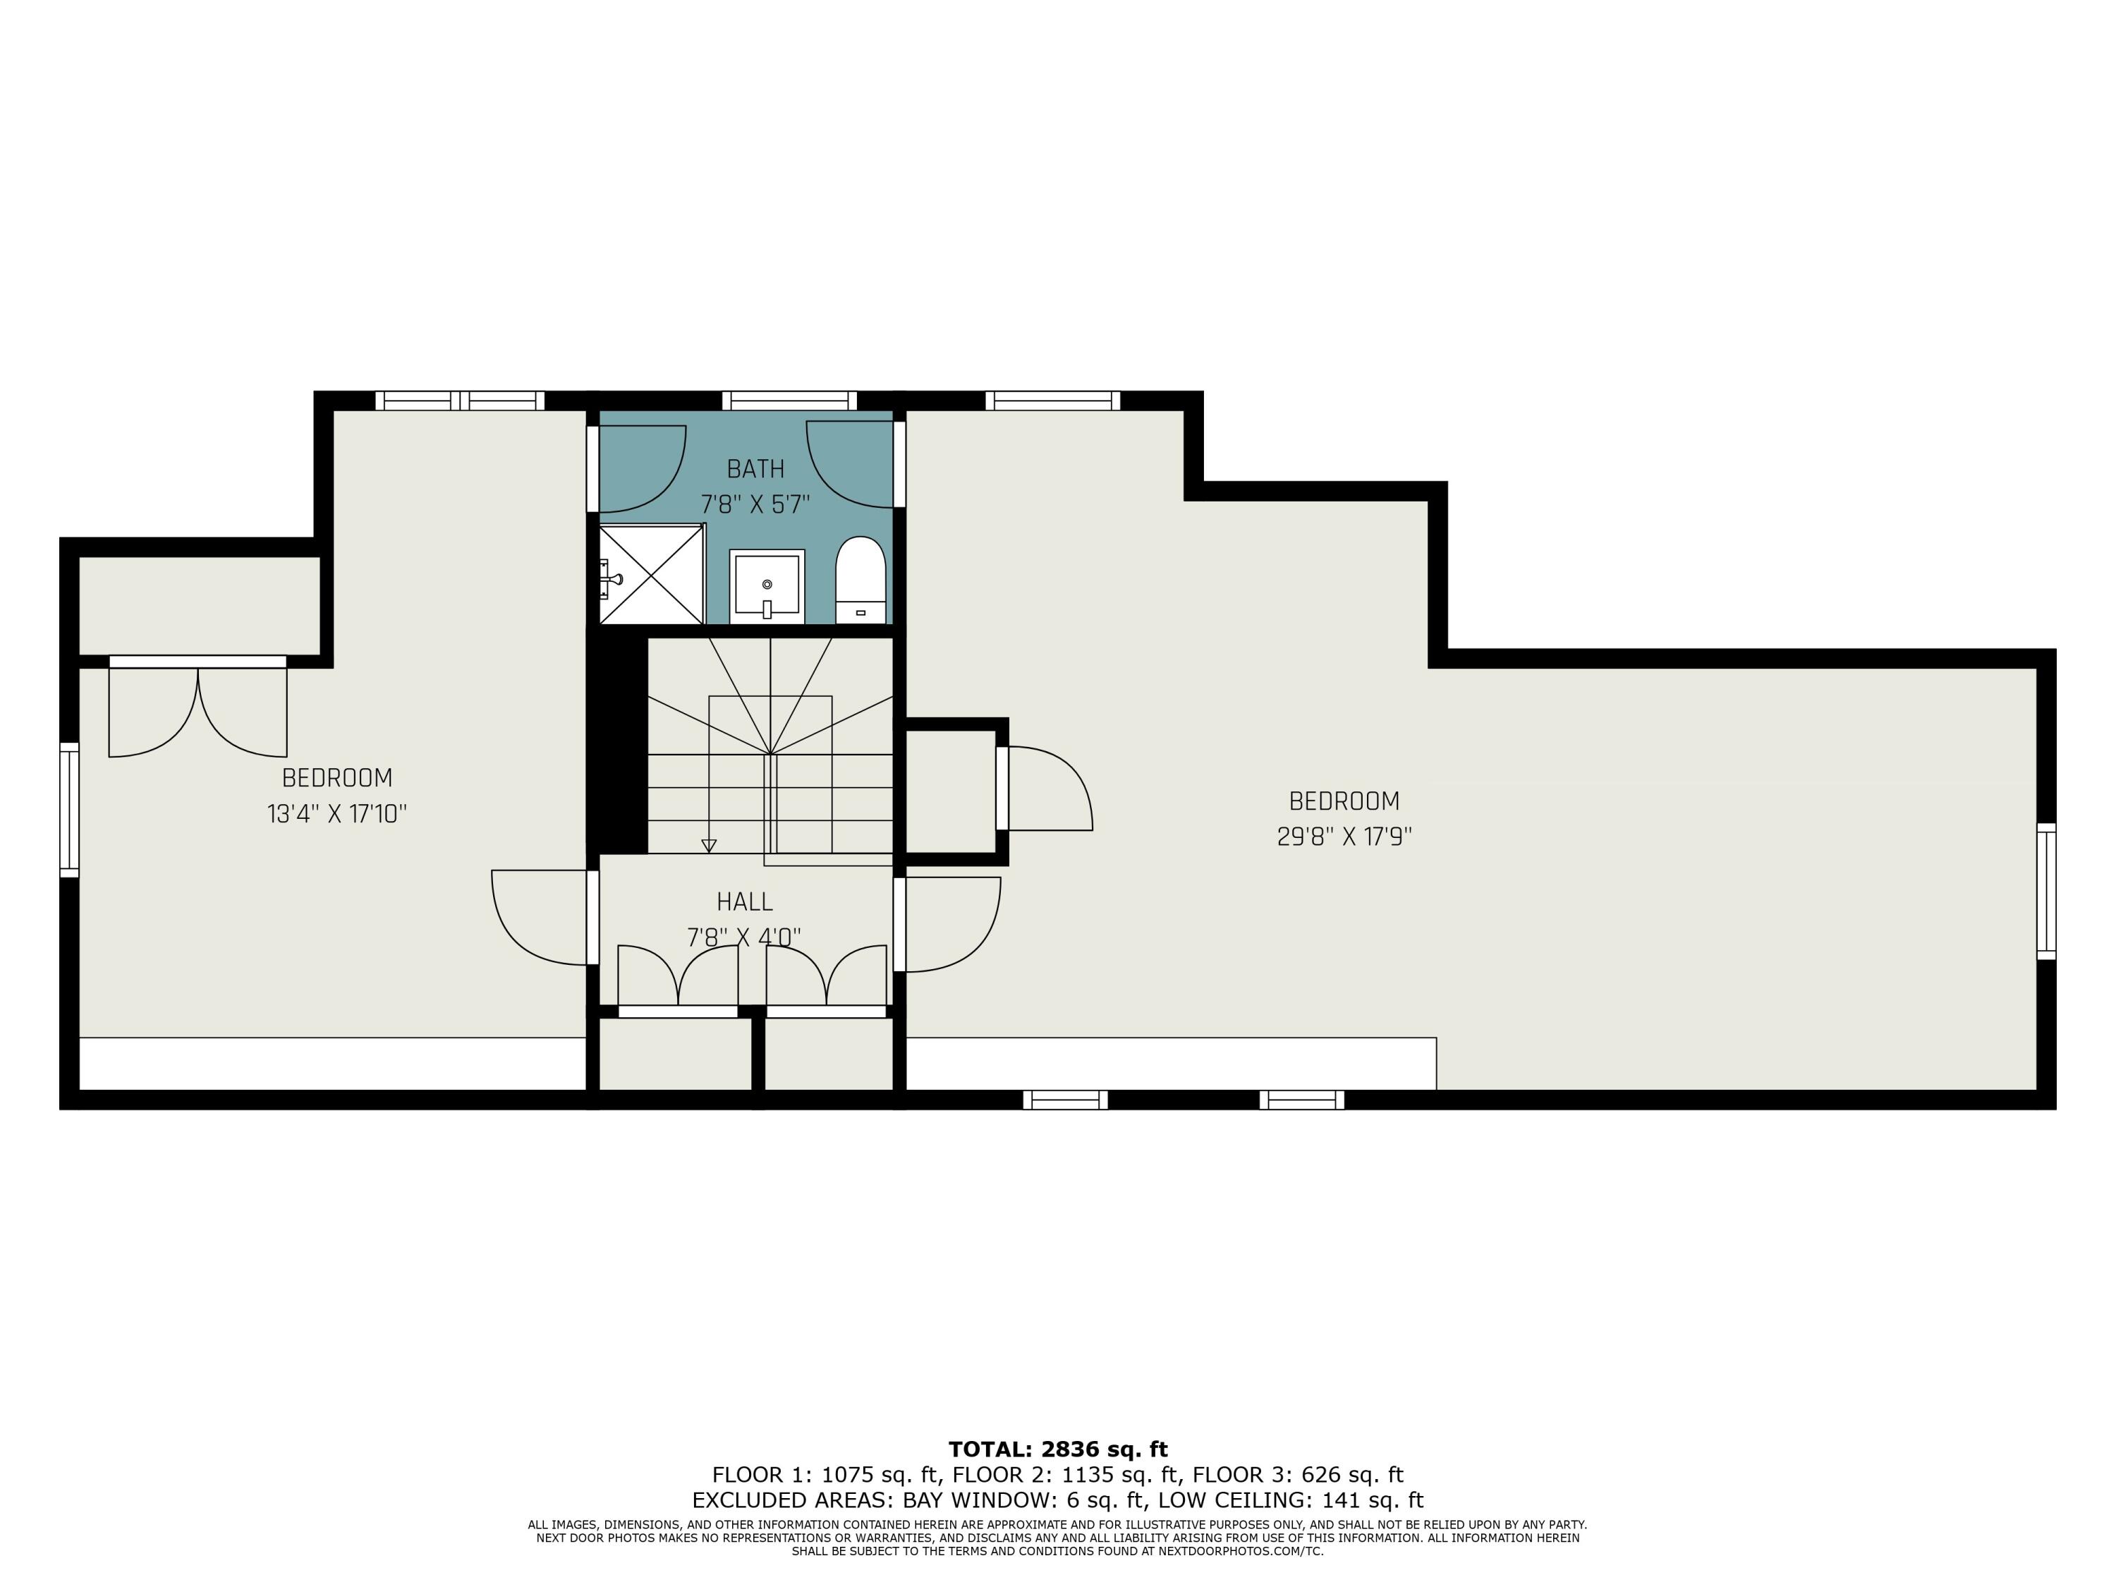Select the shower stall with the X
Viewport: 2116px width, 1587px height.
point(652,574)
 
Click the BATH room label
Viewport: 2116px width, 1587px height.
point(755,469)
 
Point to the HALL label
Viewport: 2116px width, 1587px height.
point(744,901)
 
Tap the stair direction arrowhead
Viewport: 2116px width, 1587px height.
point(709,846)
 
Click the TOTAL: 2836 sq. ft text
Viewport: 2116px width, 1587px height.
point(1058,1449)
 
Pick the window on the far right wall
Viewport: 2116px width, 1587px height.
point(2045,891)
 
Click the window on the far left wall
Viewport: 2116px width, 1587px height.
point(69,809)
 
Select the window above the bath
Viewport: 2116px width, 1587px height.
point(789,400)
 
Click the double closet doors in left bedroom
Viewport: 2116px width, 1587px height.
point(198,708)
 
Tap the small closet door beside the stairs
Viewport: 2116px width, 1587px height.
point(1047,789)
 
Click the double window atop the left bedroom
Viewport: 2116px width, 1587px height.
point(460,400)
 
